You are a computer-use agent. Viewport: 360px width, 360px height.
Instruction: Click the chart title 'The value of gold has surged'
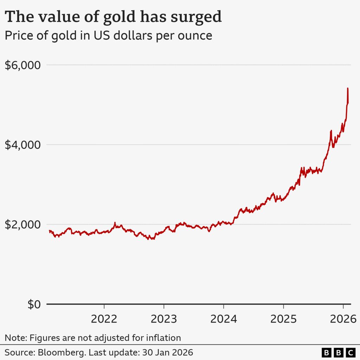point(113,17)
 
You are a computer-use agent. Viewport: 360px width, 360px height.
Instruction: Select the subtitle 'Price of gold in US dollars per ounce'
point(108,36)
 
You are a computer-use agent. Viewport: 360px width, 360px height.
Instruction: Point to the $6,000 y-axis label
point(22,65)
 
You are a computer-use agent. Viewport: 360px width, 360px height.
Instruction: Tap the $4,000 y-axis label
point(22,145)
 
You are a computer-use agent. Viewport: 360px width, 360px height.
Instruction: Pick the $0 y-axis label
point(34,304)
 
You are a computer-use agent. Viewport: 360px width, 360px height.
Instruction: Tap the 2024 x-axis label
point(223,319)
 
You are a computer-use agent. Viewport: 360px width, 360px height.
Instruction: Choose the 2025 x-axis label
point(283,319)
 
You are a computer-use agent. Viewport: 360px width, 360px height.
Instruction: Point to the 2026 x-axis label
point(343,319)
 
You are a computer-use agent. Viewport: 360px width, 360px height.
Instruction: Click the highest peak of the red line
point(348,89)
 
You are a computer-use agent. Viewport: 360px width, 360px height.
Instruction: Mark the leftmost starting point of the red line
point(50,231)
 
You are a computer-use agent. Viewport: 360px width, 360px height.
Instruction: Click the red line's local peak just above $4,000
point(331,131)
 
